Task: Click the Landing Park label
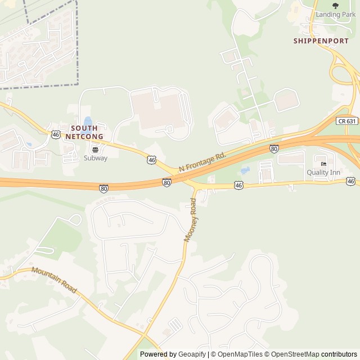[335, 14]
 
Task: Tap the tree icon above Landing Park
[335, 6]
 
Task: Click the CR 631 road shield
[348, 120]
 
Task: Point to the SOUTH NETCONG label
[84, 132]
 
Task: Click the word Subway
[95, 158]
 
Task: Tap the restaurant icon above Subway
[94, 150]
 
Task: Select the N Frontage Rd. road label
[202, 161]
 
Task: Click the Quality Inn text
[323, 172]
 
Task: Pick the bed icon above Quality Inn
[323, 164]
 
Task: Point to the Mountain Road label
[54, 280]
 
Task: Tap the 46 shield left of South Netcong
[55, 134]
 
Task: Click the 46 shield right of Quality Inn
[351, 181]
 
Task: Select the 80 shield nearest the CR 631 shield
[274, 148]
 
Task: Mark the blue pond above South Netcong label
[88, 121]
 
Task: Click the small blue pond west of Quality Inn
[245, 170]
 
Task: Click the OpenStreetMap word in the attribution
[295, 354]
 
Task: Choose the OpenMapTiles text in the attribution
[240, 354]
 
